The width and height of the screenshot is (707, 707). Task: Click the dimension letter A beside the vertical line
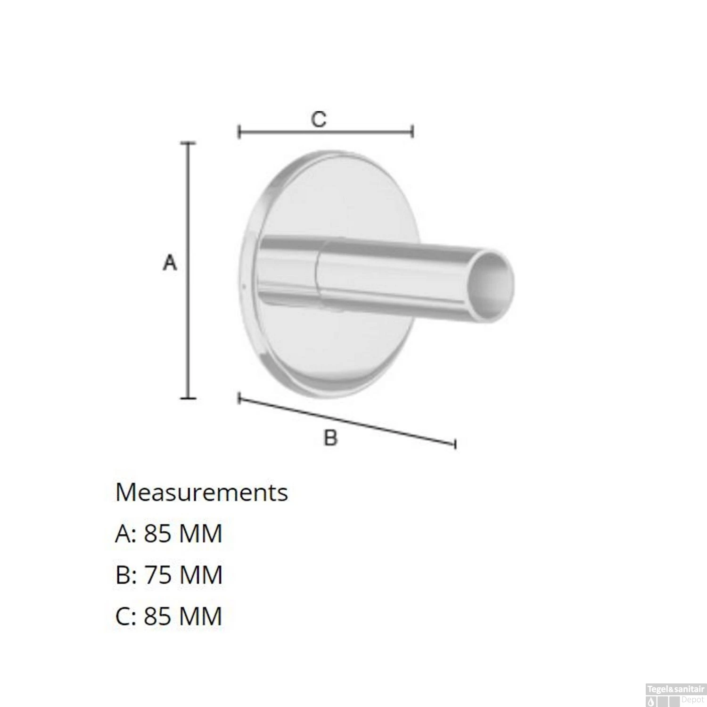[170, 263]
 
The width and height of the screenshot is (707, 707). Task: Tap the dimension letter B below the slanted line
[331, 438]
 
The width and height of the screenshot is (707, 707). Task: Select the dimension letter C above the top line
[319, 119]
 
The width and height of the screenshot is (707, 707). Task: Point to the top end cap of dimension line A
[189, 142]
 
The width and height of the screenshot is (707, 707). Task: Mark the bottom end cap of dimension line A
[189, 398]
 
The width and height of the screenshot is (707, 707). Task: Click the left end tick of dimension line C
[239, 132]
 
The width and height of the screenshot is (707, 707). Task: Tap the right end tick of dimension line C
[413, 132]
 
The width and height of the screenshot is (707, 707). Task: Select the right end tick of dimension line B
[455, 444]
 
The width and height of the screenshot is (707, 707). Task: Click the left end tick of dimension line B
[239, 399]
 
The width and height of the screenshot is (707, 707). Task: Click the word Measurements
[201, 493]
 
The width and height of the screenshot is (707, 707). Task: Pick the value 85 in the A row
[157, 534]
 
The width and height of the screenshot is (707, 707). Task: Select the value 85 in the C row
[157, 616]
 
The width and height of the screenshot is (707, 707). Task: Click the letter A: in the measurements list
[125, 534]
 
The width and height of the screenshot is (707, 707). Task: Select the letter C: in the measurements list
[125, 616]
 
